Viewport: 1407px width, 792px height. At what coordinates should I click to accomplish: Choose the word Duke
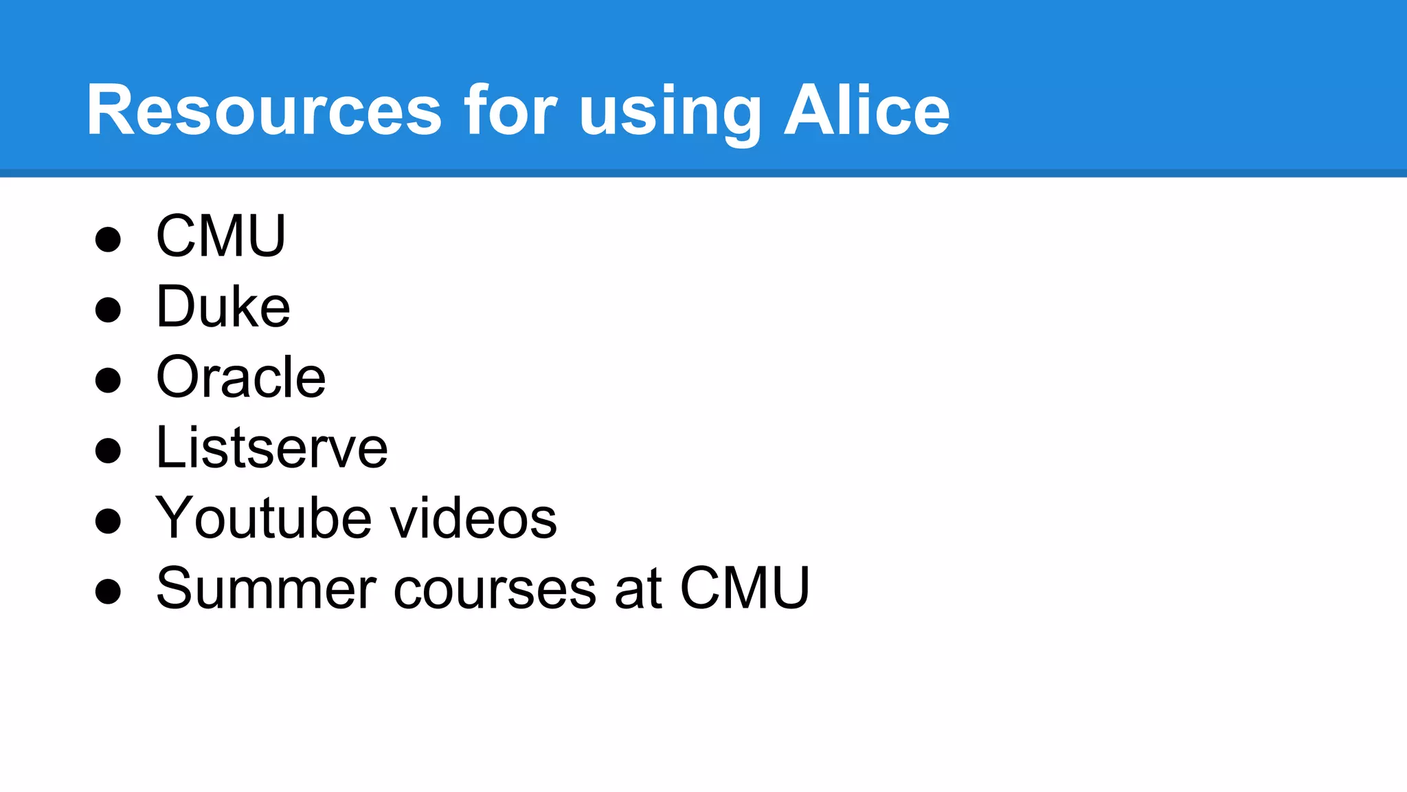pos(223,307)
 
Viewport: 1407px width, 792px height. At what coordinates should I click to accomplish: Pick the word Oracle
pos(241,377)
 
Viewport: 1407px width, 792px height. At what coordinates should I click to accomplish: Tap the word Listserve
pos(272,448)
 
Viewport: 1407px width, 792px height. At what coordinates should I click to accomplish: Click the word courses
pos(495,590)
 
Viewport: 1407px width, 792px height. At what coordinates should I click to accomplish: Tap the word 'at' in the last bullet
pos(638,590)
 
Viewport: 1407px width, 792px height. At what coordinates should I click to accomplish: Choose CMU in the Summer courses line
pos(745,588)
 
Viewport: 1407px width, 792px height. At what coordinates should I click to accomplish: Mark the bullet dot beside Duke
pos(108,309)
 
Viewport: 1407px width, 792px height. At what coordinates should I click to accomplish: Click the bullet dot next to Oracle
pos(108,379)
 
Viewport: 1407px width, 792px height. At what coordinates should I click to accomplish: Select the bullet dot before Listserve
pos(108,450)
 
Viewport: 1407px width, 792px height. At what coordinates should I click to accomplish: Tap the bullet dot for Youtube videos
pos(108,520)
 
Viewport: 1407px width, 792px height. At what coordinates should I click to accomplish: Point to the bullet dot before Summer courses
pos(108,591)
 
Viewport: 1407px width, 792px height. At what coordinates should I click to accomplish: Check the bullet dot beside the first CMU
pos(108,239)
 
